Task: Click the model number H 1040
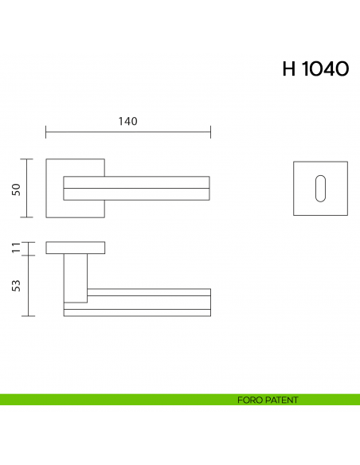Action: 315,69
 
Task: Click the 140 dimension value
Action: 127,121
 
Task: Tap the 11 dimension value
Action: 15,248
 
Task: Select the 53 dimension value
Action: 15,286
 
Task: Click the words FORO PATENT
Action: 268,400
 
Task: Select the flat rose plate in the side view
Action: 75,248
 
